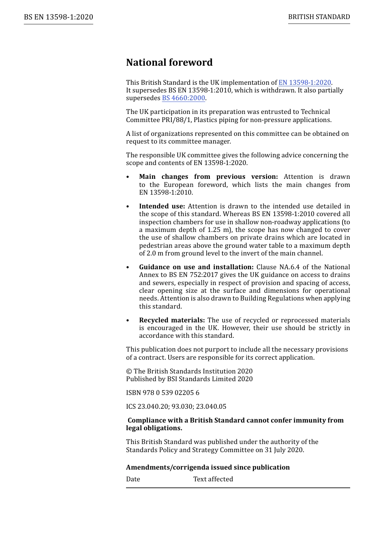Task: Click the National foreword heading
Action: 169,62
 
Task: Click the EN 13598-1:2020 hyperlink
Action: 304,83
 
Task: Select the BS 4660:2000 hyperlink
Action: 183,98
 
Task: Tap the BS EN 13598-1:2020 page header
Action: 58,17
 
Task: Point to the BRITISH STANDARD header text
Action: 319,17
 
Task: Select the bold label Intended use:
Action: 162,206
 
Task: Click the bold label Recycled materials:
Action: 172,320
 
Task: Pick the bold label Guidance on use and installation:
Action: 196,267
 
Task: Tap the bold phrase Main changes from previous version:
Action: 208,177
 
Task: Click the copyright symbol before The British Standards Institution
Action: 129,371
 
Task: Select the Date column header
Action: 133,479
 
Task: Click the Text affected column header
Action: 213,479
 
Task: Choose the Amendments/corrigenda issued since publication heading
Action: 207,468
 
